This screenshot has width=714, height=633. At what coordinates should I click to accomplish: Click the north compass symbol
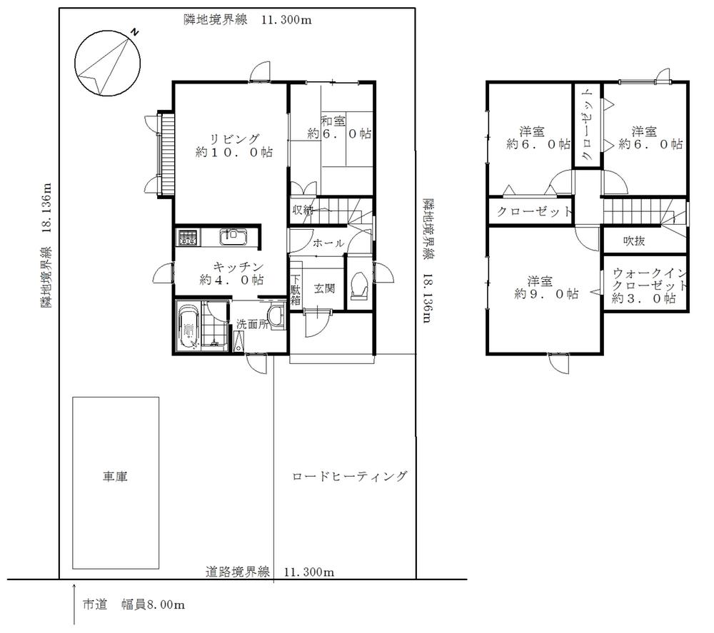tap(108, 64)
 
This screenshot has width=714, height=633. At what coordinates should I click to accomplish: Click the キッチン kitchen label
tap(231, 273)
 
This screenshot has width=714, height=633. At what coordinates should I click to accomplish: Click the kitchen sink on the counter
tap(233, 236)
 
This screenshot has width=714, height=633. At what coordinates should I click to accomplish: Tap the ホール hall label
tap(328, 243)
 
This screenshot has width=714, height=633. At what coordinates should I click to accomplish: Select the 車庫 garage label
tap(115, 476)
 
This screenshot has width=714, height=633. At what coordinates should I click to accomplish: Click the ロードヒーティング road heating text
tap(349, 476)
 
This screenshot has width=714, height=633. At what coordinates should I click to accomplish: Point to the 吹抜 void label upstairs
tap(633, 241)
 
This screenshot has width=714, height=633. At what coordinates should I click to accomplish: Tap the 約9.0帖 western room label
tap(543, 287)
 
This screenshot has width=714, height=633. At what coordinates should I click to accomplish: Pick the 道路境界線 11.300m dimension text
tap(269, 572)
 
